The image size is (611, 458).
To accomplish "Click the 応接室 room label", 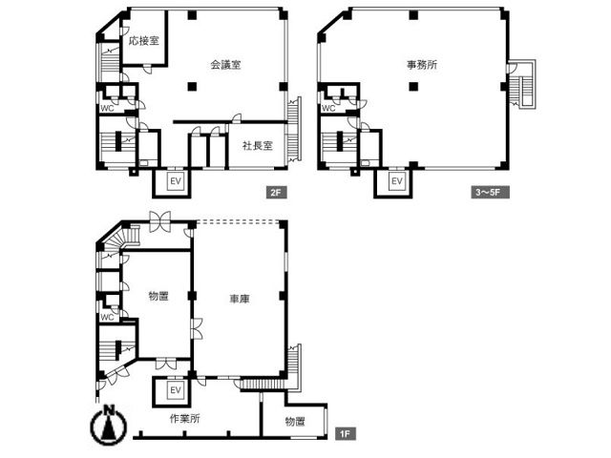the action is [x=144, y=40].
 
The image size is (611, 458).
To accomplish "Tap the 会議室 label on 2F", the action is [x=225, y=65].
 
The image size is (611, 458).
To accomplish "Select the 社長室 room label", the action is [x=258, y=146].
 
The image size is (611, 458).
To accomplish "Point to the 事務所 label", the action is [x=422, y=65].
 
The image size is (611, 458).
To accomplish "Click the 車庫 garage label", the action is [x=240, y=299].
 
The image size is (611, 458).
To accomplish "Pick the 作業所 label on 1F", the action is [x=184, y=419].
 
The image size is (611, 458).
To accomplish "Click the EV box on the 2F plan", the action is [x=176, y=181].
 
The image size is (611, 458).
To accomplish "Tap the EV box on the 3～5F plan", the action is [x=397, y=181].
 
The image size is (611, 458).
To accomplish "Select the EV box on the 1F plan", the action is [x=176, y=390].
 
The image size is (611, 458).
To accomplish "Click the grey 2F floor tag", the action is [x=276, y=193].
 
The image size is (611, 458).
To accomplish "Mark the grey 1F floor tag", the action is [x=345, y=434].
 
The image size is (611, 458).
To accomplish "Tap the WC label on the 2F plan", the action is [x=107, y=108].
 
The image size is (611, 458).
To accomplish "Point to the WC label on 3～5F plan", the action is [x=328, y=108].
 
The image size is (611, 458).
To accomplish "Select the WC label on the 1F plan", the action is [x=107, y=318].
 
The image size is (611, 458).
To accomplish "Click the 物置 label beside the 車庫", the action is [x=158, y=297].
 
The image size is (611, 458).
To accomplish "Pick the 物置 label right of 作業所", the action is [x=295, y=422].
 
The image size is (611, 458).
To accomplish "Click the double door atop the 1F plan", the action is [x=160, y=221].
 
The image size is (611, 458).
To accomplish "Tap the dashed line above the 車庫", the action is [x=238, y=221].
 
